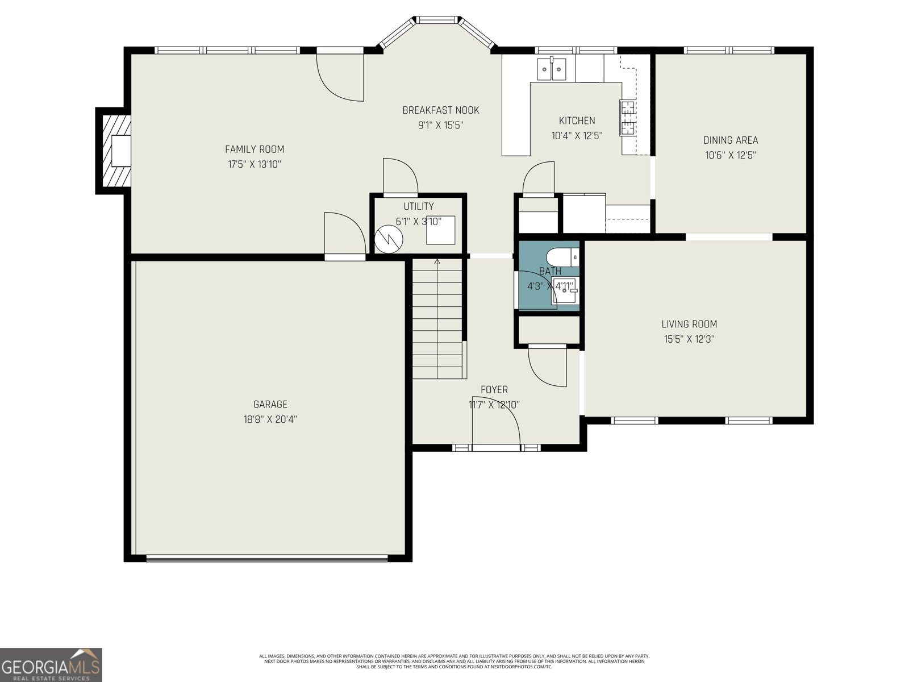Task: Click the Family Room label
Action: [255, 149]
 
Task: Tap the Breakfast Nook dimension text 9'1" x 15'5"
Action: [441, 125]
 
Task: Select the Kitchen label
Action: [577, 120]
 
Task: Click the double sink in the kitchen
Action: [552, 69]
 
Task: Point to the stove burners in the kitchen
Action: [627, 118]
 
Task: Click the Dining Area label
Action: [731, 140]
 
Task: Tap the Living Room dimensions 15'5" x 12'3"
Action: [689, 339]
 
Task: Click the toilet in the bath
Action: [562, 257]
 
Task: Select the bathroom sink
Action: [565, 292]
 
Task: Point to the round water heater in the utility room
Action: [389, 239]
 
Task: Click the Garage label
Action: [270, 404]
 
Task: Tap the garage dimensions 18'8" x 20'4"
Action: [270, 419]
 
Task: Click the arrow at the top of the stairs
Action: [437, 261]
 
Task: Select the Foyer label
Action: [494, 390]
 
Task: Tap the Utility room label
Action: [419, 206]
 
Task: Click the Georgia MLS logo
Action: [51, 664]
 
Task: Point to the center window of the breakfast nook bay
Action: [437, 19]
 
